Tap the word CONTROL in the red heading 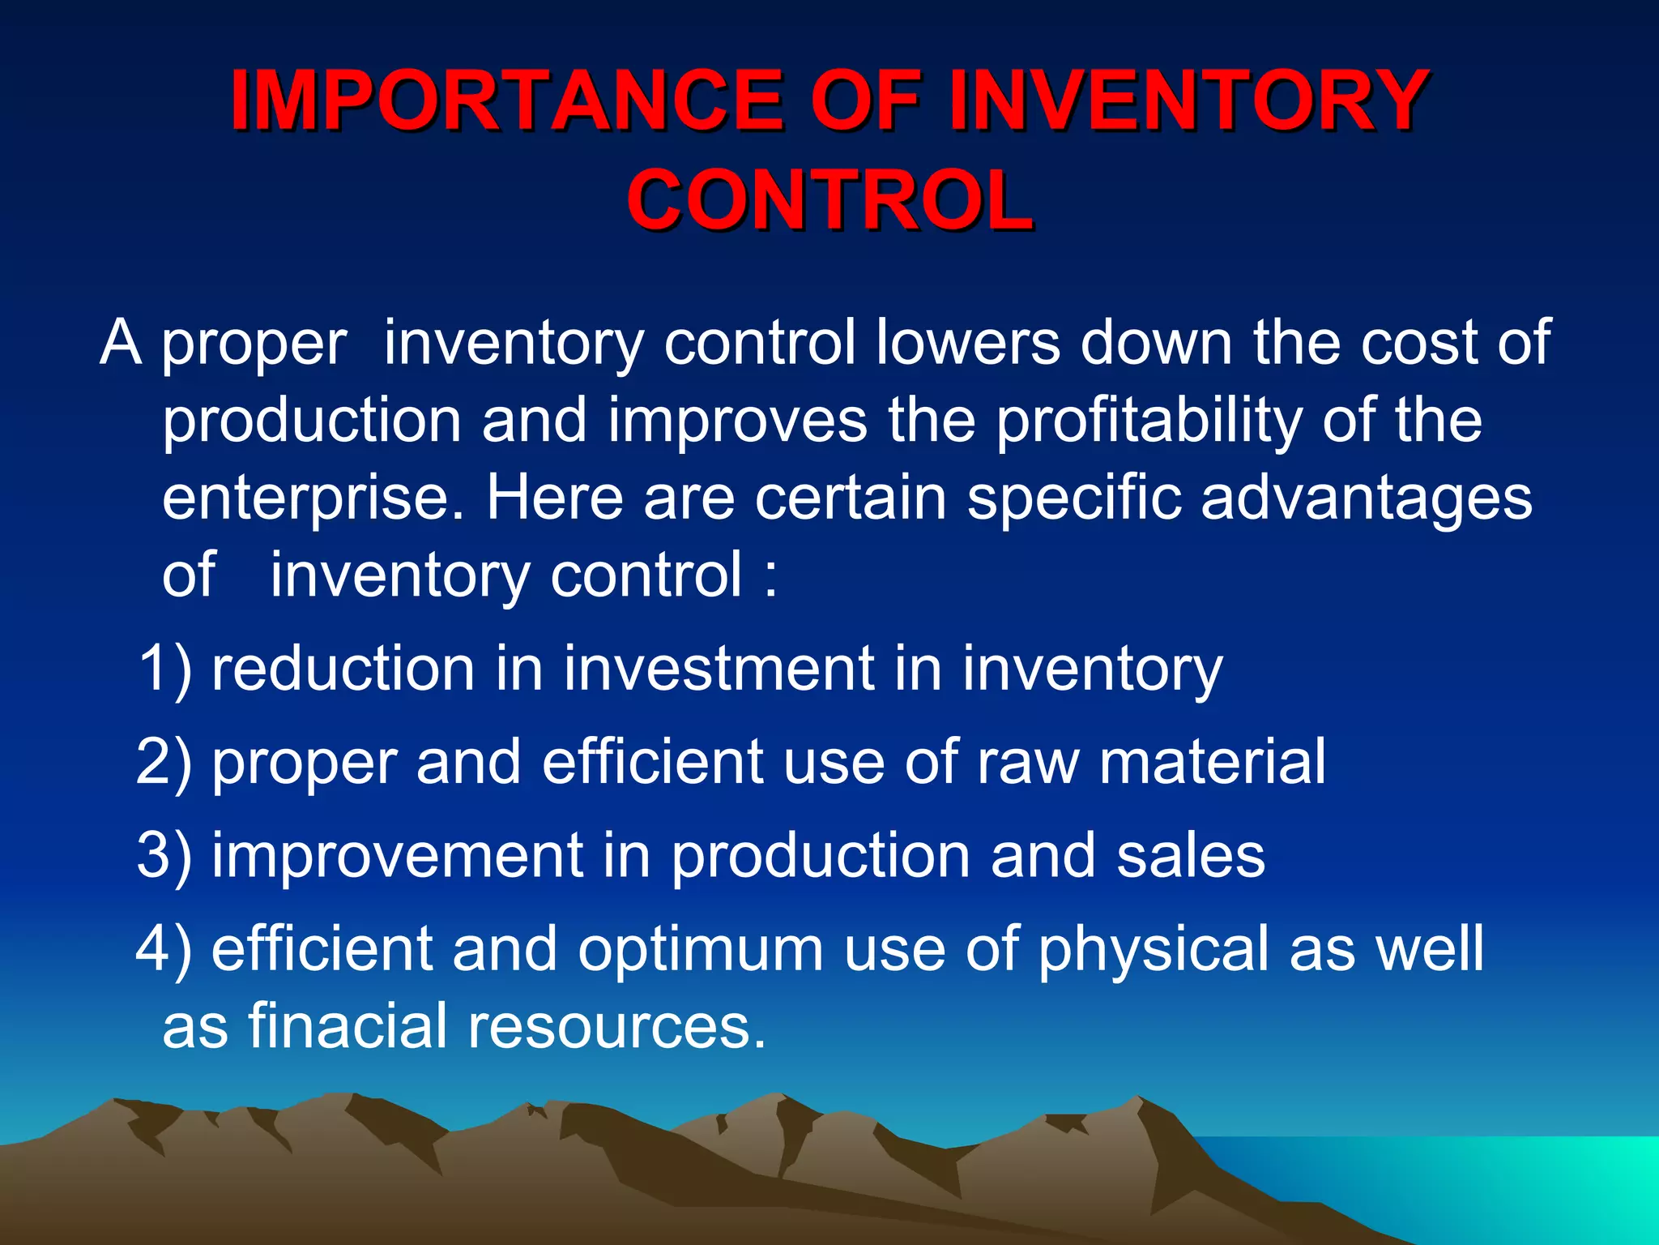pyautogui.click(x=829, y=200)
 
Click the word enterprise pyautogui.click(x=313, y=499)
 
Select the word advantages pyautogui.click(x=1366, y=498)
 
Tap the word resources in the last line pyautogui.click(x=616, y=1025)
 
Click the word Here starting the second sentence pyautogui.click(x=555, y=498)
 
